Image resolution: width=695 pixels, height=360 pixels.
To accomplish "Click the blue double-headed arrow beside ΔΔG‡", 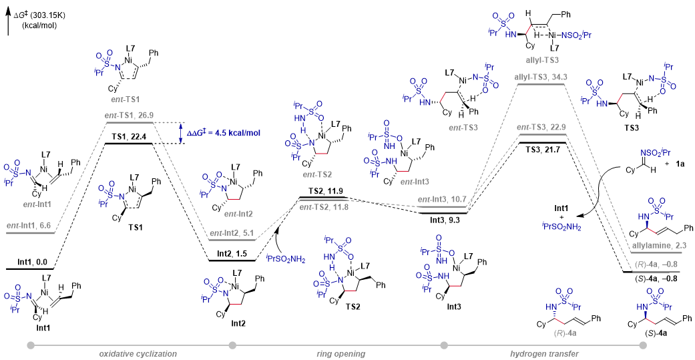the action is (x=180, y=133).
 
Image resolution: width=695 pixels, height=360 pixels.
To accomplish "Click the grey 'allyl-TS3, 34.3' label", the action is (x=541, y=77).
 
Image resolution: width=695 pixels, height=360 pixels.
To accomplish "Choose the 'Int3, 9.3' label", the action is (x=443, y=219).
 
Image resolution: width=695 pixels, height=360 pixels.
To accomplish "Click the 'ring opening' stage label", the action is (x=340, y=354).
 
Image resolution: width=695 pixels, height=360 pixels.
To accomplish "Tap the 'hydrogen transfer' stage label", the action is (x=545, y=354).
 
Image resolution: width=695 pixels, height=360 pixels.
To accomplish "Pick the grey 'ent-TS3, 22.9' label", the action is (x=542, y=128).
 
